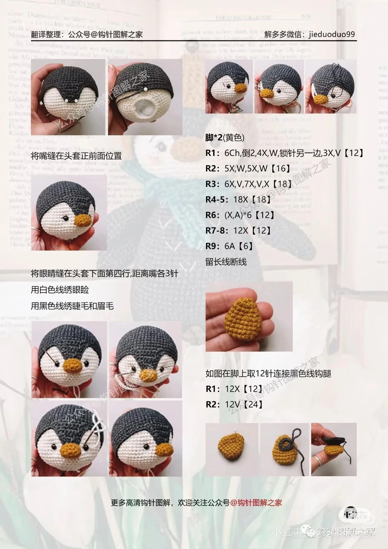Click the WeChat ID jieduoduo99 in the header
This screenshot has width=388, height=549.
tap(332, 34)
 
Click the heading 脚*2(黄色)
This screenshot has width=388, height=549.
tap(225, 138)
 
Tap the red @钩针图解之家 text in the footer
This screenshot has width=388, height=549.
tap(256, 503)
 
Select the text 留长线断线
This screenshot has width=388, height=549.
tap(226, 262)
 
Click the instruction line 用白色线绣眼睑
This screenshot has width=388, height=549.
tap(60, 290)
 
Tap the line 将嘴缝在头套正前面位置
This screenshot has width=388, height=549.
tap(76, 156)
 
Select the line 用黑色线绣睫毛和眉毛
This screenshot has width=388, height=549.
tap(72, 306)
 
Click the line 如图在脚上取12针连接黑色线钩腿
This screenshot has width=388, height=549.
tap(268, 373)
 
